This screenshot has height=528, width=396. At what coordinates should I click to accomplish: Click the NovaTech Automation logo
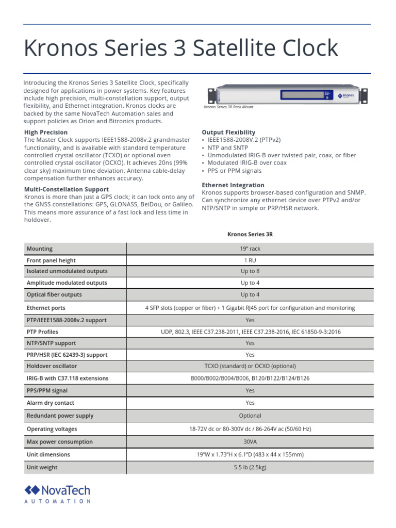pos(57,493)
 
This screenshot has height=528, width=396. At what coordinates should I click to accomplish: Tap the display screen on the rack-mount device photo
pos(302,95)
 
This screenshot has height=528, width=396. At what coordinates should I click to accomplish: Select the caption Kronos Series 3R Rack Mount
pos(228,107)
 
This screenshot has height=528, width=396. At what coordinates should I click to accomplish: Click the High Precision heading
pos(46,133)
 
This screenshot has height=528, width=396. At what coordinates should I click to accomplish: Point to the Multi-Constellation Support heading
pos(67,189)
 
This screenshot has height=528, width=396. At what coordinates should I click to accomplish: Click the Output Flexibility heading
pos(228,133)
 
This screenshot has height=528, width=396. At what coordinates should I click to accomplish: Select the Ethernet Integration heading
pos(233,185)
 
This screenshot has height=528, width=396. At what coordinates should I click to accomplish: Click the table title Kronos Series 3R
pos(250,234)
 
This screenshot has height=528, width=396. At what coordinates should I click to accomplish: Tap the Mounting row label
pos(40,249)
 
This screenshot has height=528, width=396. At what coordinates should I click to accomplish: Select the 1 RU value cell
pos(250,261)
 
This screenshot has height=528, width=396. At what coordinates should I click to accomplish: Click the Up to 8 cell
pos(250,271)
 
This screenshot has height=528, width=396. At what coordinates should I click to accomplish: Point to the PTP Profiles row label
pos(42,332)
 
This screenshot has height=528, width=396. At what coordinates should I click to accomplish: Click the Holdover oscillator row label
pos(52,366)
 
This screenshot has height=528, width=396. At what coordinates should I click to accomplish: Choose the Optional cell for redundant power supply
pos(250,416)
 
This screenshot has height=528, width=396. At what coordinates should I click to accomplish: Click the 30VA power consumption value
pos(250,442)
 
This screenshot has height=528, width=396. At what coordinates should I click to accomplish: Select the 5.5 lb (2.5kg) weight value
pos(250,468)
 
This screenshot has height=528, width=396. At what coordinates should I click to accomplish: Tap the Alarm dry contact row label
pos(51,403)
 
